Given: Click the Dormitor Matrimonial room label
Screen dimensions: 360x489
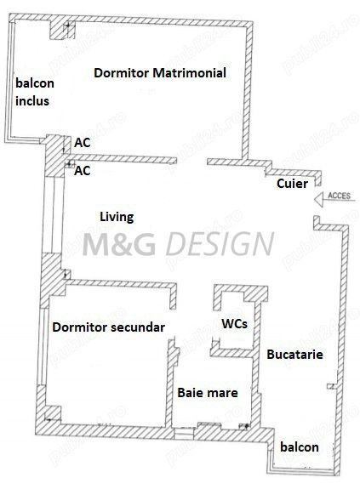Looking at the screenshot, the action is [160, 73].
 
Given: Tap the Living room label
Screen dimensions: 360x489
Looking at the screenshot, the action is [117, 217].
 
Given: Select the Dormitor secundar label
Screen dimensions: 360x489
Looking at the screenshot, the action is [109, 327].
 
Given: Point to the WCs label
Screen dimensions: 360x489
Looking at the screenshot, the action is [235, 324].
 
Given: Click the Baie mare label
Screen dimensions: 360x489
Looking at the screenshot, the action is [208, 393].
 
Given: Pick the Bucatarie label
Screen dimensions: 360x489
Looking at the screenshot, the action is [294, 355].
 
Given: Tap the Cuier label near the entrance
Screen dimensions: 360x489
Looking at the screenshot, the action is [292, 184].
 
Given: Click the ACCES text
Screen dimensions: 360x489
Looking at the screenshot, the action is [339, 196].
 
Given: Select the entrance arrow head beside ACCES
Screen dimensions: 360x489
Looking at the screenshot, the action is [319, 200].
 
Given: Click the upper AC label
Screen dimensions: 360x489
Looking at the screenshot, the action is [83, 143].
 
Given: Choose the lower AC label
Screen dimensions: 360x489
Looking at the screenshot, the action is [83, 171].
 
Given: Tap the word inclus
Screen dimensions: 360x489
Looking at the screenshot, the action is [32, 101].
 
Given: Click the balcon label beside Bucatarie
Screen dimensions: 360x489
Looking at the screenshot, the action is [300, 447].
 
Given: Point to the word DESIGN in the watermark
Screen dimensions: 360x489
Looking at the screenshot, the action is [220, 244].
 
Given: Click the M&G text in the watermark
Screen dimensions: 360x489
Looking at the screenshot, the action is [119, 244].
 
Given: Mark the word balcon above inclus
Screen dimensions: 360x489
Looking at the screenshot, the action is [35, 83].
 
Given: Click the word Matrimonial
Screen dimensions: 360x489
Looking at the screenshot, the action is [189, 73].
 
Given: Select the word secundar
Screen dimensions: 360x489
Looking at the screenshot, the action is [138, 327].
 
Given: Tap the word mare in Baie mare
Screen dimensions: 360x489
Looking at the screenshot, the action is [221, 393].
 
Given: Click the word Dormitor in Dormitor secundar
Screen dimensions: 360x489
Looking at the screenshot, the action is [80, 327].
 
